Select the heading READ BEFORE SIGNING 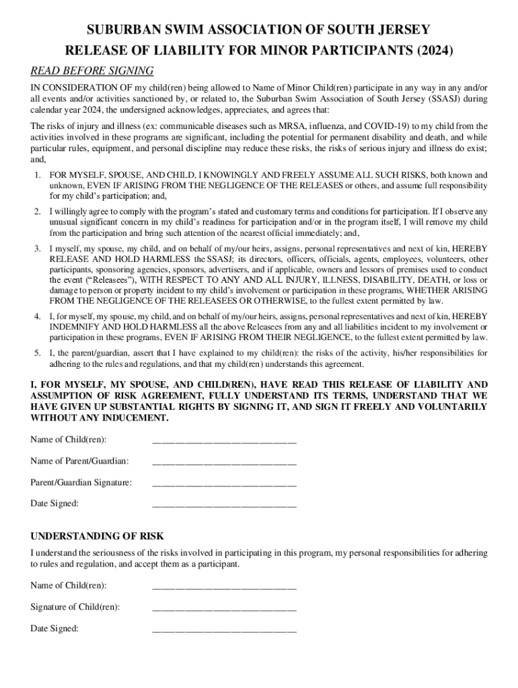pos(92,71)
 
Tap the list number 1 pos(37,175)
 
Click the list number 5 pos(37,352)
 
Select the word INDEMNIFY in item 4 pos(75,326)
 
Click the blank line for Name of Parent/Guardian pos(224,462)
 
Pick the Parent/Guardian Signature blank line pos(224,482)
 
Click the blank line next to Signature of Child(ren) pos(224,607)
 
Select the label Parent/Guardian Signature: pos(81,482)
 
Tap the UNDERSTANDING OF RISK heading pos(97,536)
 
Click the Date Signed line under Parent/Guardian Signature pos(224,503)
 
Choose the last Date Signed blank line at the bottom pos(224,629)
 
